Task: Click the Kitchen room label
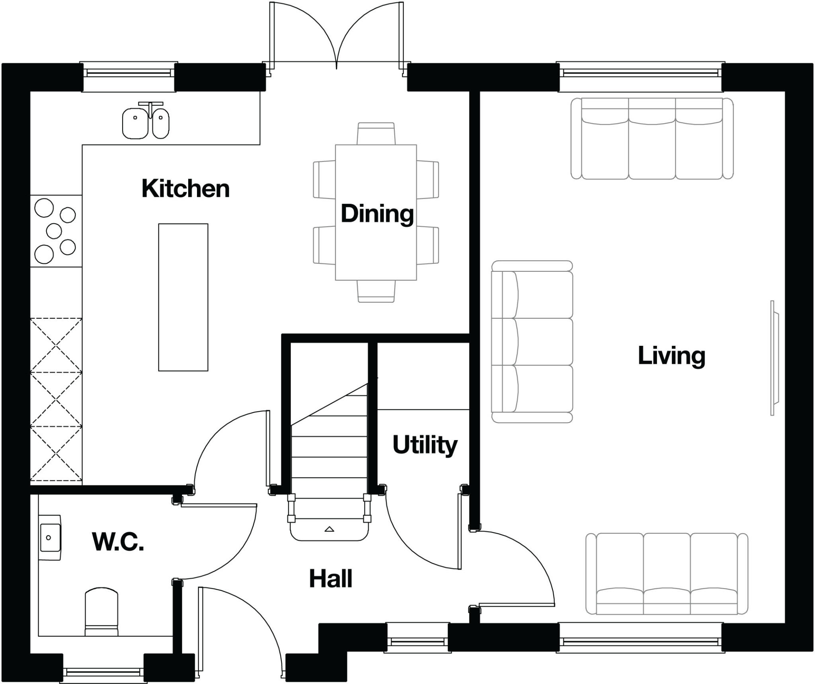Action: click(x=185, y=189)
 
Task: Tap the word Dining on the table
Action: click(x=377, y=214)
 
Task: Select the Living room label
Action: click(x=671, y=355)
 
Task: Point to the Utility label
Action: click(x=425, y=444)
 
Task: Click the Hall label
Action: click(x=330, y=579)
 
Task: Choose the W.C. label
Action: click(x=118, y=542)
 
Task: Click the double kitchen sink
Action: click(x=145, y=123)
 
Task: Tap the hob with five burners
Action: click(x=55, y=231)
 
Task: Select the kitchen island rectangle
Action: click(x=183, y=297)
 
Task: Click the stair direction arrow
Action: click(x=329, y=529)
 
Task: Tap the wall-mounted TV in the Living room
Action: click(x=774, y=358)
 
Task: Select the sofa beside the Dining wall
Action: click(x=532, y=341)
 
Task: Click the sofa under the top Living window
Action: click(x=652, y=138)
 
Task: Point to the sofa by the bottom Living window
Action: click(x=667, y=574)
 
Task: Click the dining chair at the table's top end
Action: click(x=376, y=133)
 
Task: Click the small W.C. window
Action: click(x=103, y=672)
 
